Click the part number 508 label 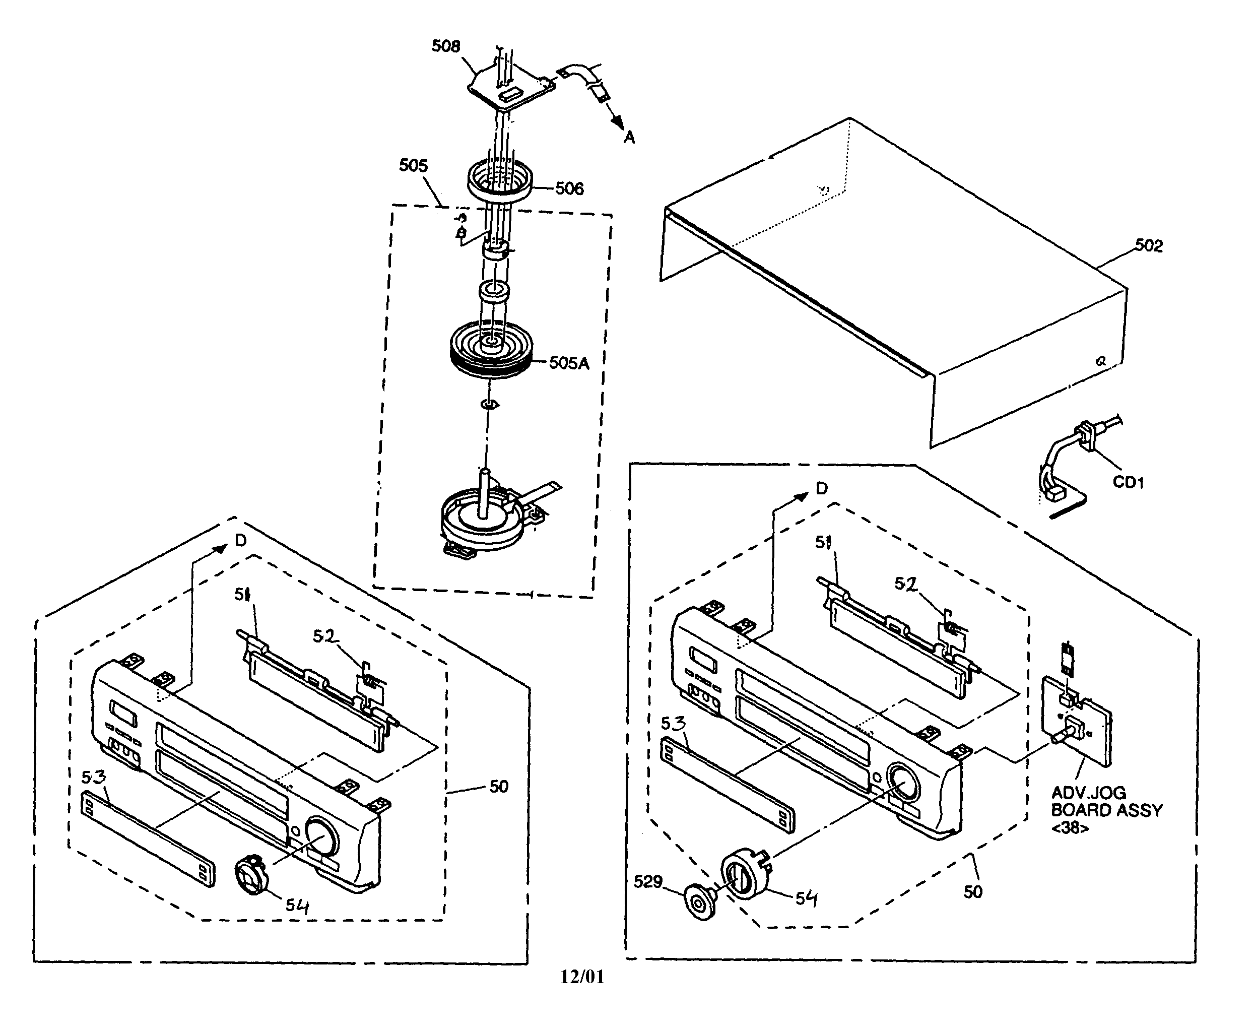(445, 46)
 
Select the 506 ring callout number (569, 188)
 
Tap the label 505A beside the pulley (569, 363)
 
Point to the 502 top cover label (1148, 246)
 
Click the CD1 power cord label (1129, 482)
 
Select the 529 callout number (648, 881)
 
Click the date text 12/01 (582, 977)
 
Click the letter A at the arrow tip (629, 138)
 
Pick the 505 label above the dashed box (413, 165)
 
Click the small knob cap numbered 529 (701, 902)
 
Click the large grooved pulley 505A (490, 351)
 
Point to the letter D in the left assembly (240, 540)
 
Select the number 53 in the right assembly (673, 724)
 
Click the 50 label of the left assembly (498, 787)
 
